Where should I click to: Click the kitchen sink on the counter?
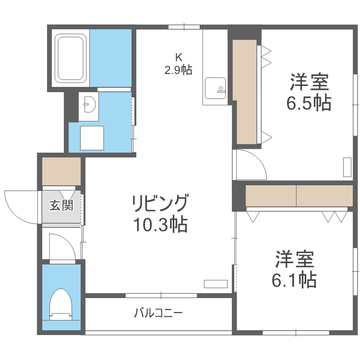(214, 88)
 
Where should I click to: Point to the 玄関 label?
(61, 207)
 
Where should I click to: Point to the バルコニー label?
(157, 314)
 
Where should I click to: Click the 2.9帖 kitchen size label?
(178, 71)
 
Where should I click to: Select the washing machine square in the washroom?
(92, 138)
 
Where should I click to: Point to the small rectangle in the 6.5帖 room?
(347, 167)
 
